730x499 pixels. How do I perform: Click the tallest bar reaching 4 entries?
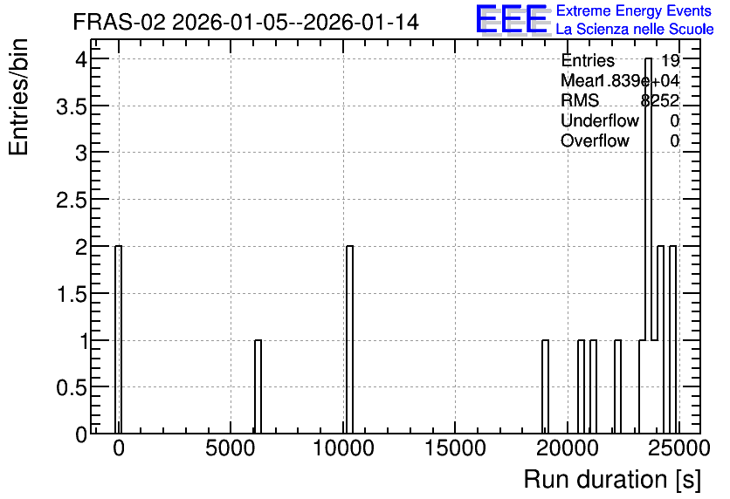click(648, 246)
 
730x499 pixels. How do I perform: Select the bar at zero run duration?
click(118, 340)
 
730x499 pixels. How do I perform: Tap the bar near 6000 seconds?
click(258, 387)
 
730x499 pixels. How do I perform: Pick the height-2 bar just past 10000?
click(349, 340)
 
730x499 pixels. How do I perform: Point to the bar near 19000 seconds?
click(545, 387)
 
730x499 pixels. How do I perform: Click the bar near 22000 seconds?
click(618, 387)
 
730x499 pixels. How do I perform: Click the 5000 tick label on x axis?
click(231, 448)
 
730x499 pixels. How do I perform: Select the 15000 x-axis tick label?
click(455, 448)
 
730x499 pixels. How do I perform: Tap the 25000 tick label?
click(679, 448)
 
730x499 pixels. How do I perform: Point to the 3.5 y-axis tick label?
click(72, 107)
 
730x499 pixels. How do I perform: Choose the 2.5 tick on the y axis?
click(72, 201)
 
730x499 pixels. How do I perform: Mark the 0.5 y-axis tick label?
click(72, 387)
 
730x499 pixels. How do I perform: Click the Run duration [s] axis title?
click(612, 480)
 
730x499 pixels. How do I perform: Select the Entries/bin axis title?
click(18, 97)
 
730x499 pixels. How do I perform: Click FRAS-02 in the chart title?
click(119, 22)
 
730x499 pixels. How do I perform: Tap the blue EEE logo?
click(512, 19)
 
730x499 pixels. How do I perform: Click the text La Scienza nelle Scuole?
click(635, 30)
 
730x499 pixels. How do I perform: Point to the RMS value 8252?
click(659, 100)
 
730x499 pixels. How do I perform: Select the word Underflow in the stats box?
click(600, 120)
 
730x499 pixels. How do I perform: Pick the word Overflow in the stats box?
click(595, 140)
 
